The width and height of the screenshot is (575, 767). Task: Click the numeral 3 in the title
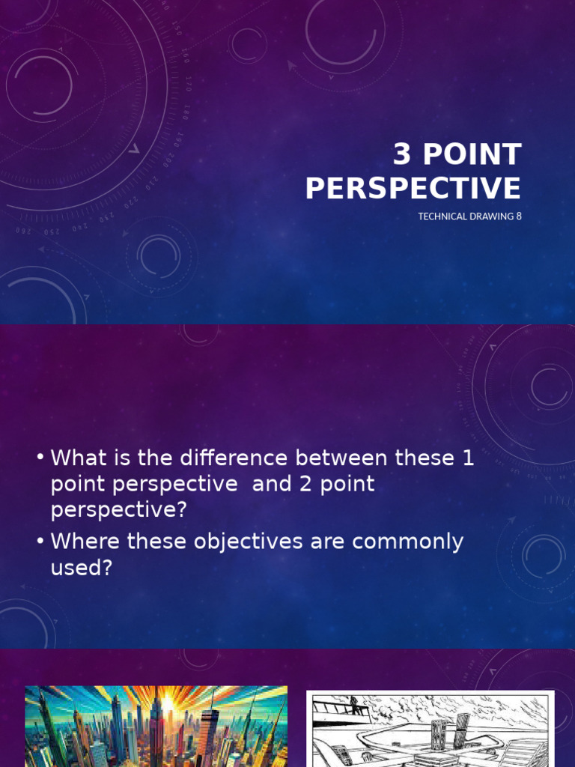click(403, 154)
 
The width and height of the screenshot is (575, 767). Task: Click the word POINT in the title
click(472, 154)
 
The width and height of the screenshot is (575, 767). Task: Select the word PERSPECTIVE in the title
click(413, 188)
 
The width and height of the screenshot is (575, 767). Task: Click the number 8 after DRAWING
click(518, 216)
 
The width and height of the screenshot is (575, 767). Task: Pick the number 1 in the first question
click(468, 458)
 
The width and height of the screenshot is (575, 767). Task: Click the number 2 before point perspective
click(306, 484)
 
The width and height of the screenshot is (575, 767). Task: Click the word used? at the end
click(81, 568)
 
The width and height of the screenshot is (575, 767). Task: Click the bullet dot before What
click(39, 458)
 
